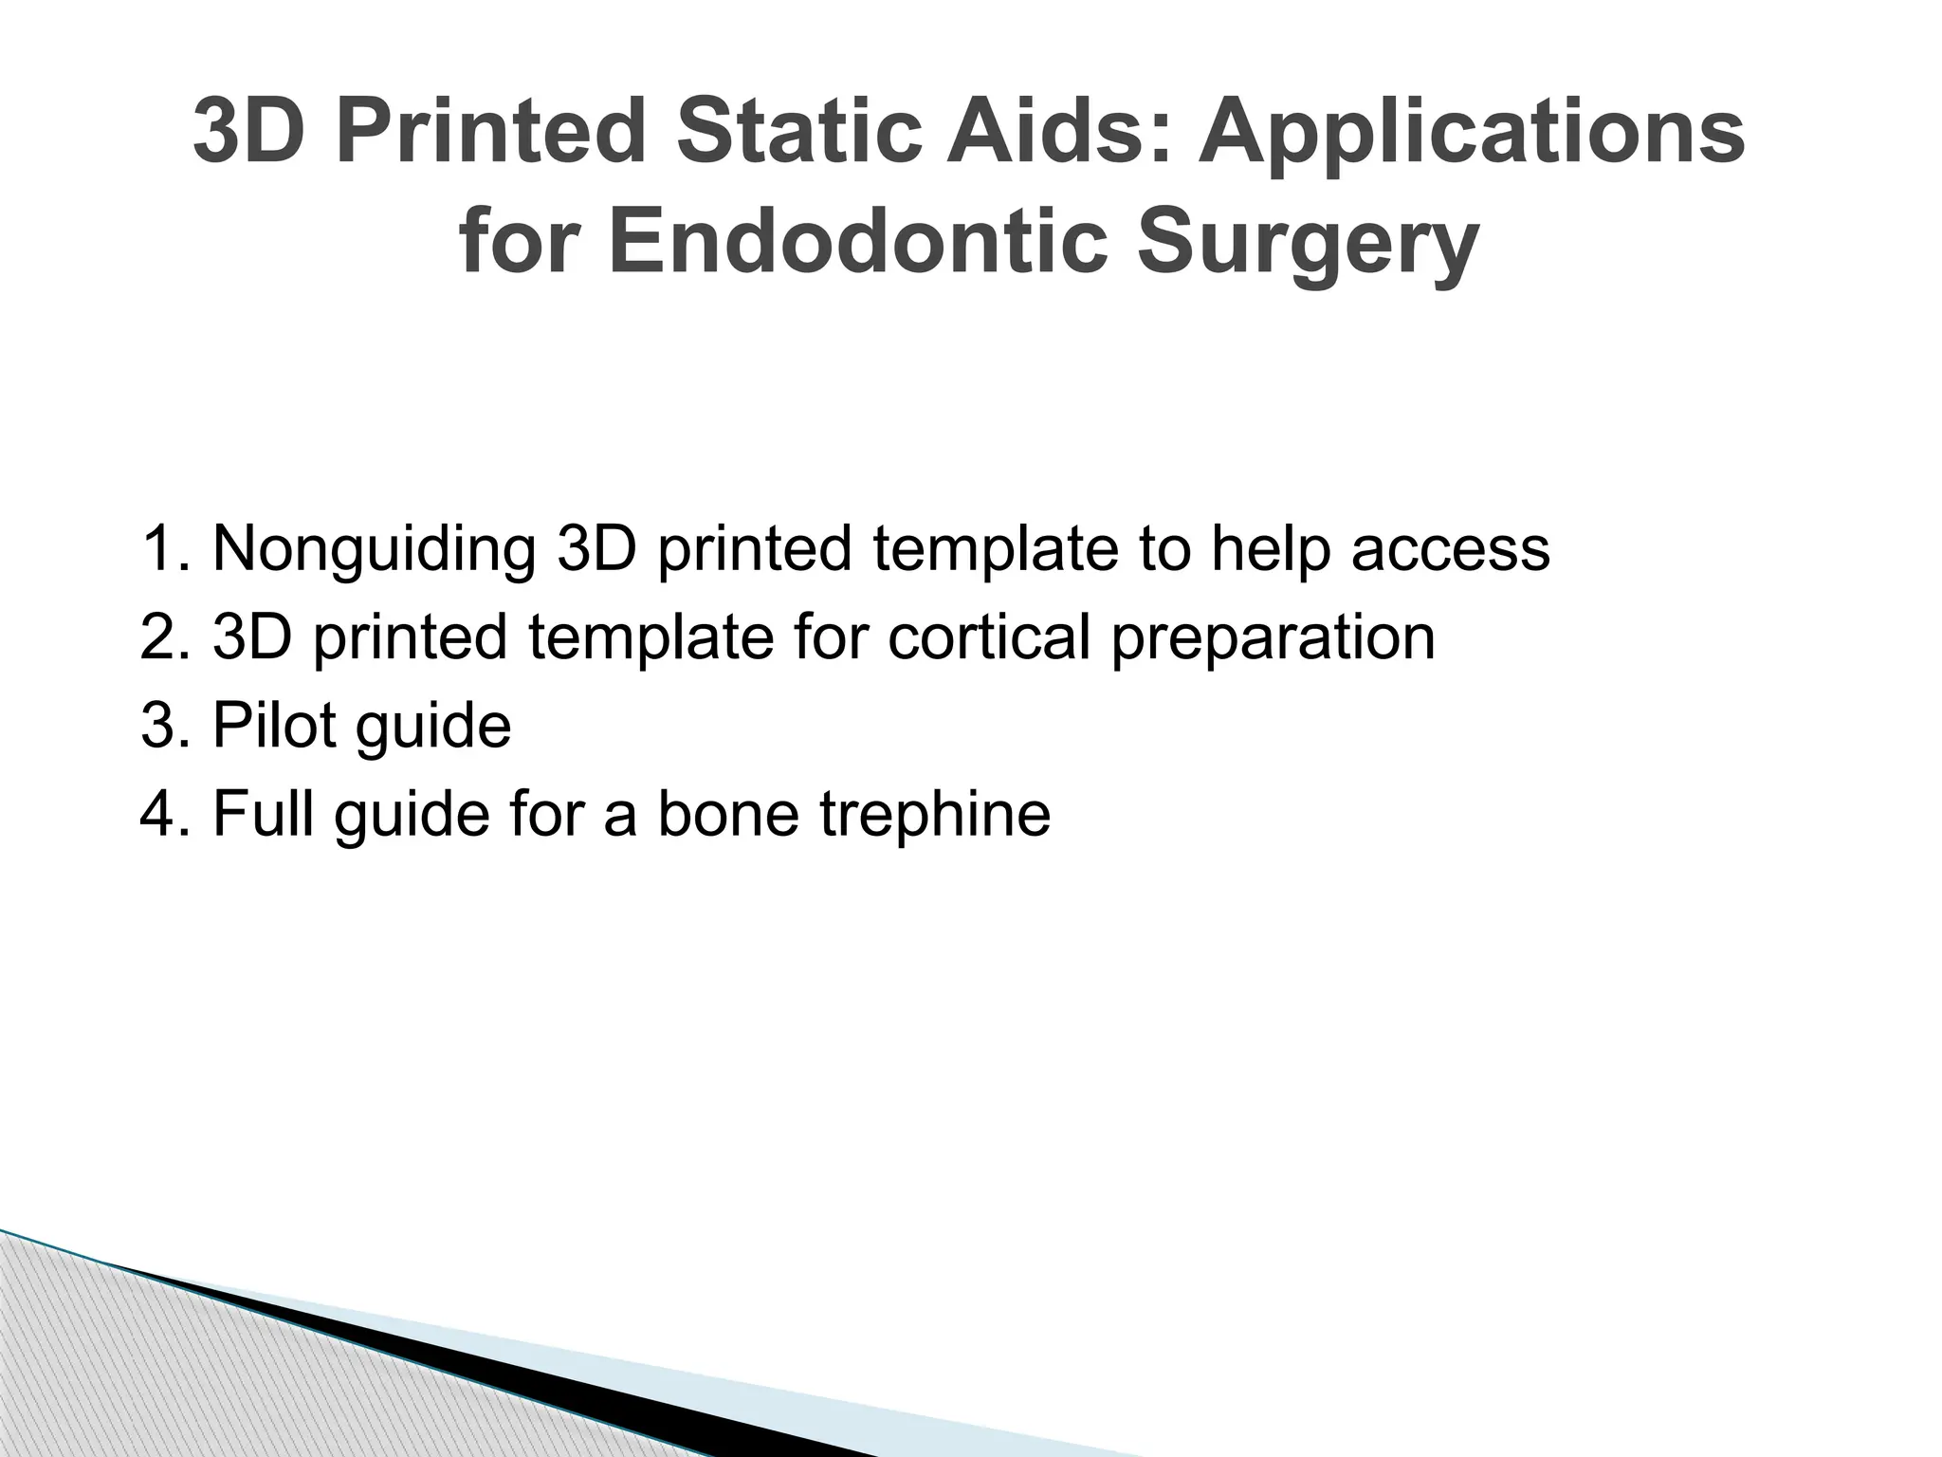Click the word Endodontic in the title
pos(858,242)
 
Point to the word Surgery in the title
pos(1308,242)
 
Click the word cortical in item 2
pos(988,636)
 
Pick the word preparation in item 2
pos(1273,636)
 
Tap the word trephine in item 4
pos(935,813)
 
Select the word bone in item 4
pos(727,813)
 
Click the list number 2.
pos(163,636)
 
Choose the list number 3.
pos(163,725)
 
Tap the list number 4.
pos(163,813)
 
